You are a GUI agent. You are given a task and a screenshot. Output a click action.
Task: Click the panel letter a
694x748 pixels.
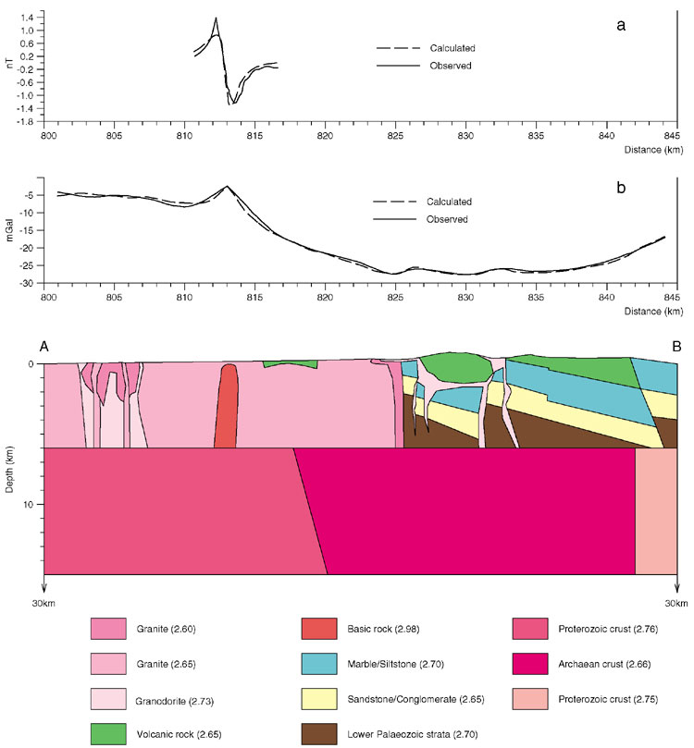pos(621,25)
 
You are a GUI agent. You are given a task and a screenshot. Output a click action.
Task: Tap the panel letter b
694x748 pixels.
pos(621,189)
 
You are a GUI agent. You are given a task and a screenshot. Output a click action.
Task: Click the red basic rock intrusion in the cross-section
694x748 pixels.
pos(226,407)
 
